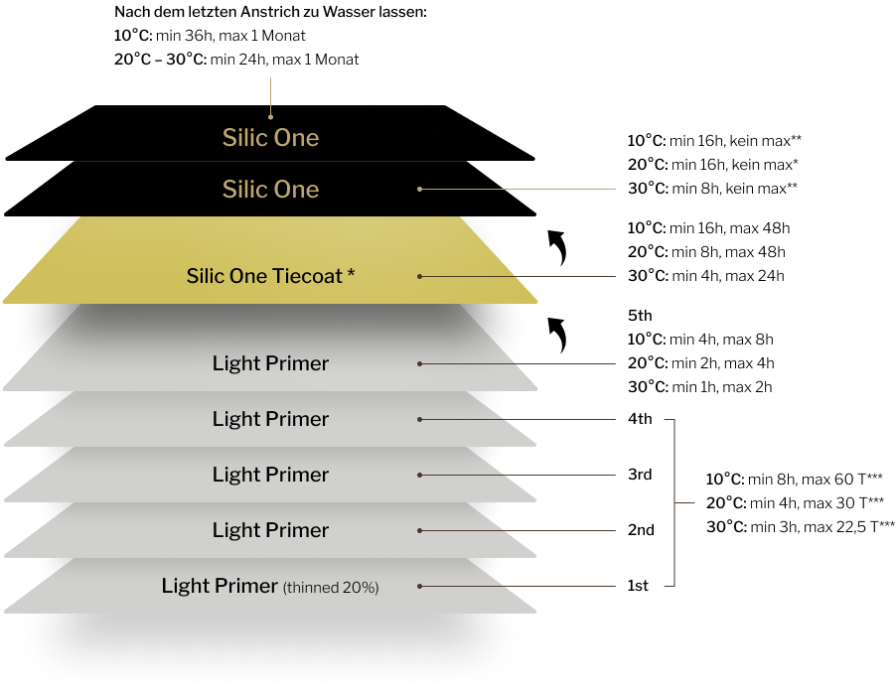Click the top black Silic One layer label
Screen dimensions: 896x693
(x=270, y=138)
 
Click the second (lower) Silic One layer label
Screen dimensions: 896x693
(x=270, y=189)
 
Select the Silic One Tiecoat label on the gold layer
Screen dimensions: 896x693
(x=270, y=276)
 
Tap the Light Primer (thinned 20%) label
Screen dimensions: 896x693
(x=270, y=586)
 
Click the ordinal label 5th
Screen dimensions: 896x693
(x=640, y=316)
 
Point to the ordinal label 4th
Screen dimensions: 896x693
(x=640, y=419)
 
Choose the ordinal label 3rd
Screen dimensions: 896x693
(x=640, y=475)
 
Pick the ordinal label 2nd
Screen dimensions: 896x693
(x=641, y=529)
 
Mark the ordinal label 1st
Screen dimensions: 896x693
(x=638, y=586)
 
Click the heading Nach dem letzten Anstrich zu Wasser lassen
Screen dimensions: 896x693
(x=270, y=12)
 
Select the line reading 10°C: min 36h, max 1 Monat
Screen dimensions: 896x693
(x=210, y=36)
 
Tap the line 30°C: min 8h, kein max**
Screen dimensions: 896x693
(x=712, y=188)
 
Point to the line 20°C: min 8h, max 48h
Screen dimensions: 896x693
(x=706, y=252)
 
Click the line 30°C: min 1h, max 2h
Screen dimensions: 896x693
(x=700, y=387)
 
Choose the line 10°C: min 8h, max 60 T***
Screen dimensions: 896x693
(x=795, y=479)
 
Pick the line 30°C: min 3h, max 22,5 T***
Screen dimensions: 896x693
(x=801, y=527)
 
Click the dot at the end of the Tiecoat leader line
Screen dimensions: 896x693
(x=419, y=277)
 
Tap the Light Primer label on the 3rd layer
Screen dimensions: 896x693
(x=270, y=475)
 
